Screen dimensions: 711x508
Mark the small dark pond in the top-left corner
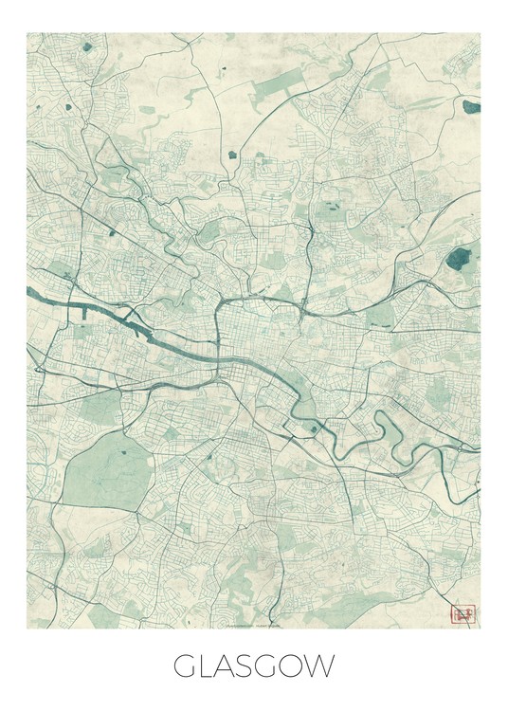tap(87, 46)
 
